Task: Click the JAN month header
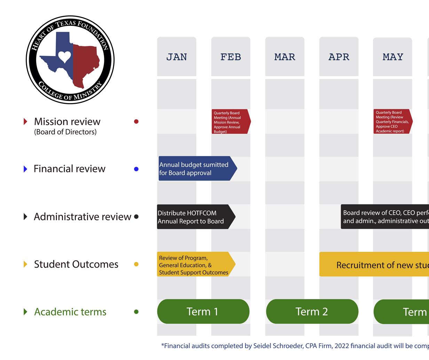pos(177,57)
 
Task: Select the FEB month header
pos(231,57)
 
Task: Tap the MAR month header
pos(285,57)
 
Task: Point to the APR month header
pos(339,57)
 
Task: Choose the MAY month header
pos(393,57)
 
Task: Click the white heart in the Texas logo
pos(64,56)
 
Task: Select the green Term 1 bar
pos(203,311)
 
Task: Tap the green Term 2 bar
pos(312,311)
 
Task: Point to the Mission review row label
pos(67,122)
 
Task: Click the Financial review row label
pos(69,169)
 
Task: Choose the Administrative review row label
pos(82,217)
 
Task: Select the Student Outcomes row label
pos(76,264)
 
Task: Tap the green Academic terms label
pos(70,312)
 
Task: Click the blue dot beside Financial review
pos(136,169)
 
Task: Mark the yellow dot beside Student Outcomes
pos(136,264)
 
